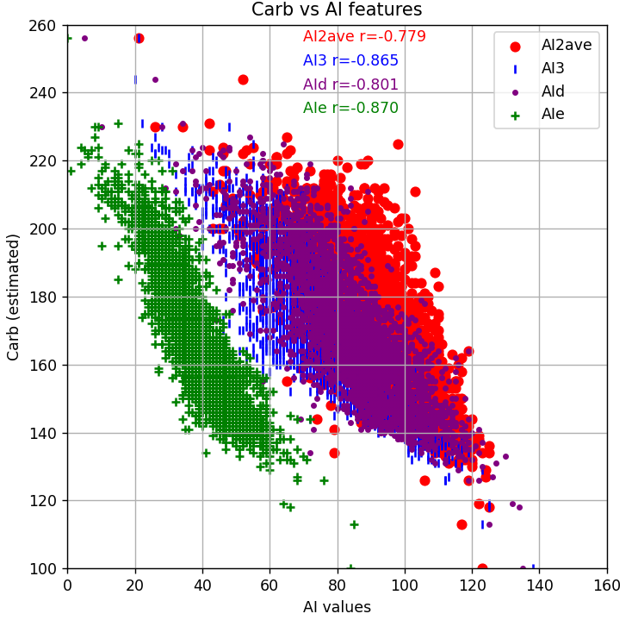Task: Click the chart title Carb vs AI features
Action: [337, 10]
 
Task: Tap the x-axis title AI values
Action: [337, 607]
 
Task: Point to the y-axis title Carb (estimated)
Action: [14, 297]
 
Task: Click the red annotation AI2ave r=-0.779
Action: [364, 37]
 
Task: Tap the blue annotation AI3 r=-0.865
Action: [350, 61]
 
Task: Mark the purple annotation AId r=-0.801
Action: [350, 85]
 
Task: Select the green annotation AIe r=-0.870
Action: [350, 108]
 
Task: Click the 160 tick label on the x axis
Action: [607, 585]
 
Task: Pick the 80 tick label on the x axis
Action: [338, 585]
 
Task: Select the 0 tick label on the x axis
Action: [67, 585]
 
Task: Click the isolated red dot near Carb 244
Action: [243, 79]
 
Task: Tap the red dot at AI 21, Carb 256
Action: [139, 38]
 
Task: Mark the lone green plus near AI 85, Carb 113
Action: [354, 524]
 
